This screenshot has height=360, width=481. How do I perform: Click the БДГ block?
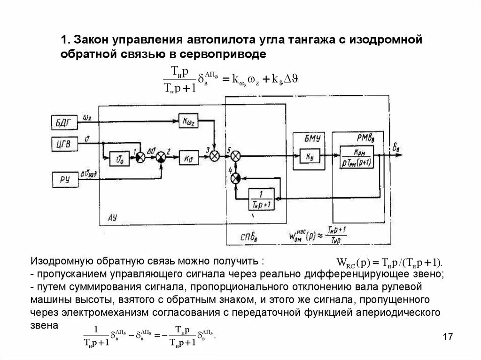coord(62,124)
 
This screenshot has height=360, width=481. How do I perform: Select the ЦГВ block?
coord(62,144)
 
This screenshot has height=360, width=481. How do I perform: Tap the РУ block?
coord(62,178)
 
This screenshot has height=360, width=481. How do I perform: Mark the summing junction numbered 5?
coord(236,156)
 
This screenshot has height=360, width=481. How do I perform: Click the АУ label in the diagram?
coord(112,218)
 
